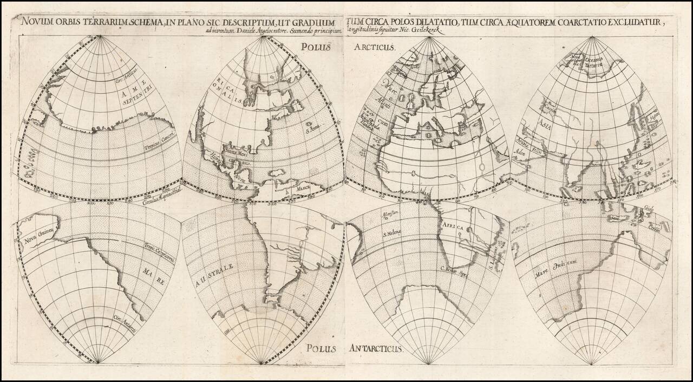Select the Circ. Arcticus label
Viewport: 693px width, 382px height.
(127, 75)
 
